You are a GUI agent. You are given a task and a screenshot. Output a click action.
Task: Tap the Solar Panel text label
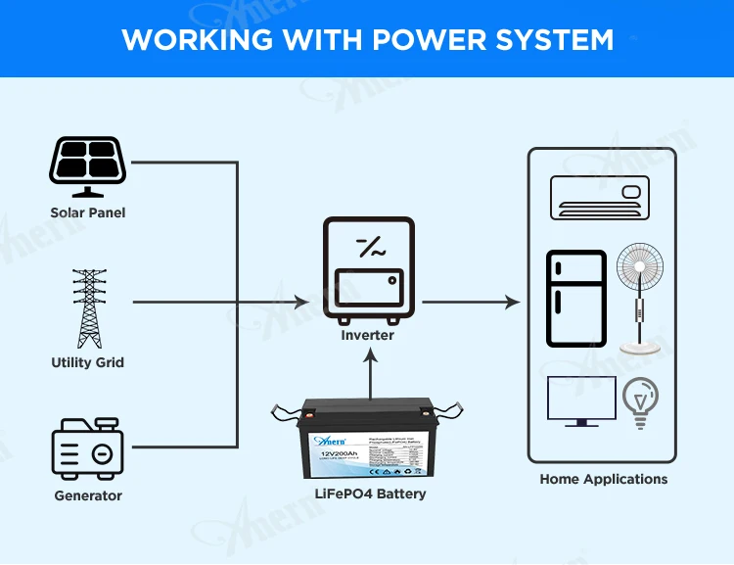tap(88, 212)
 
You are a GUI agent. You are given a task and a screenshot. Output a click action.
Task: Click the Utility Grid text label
tap(88, 362)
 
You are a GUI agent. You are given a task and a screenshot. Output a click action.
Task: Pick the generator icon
tap(87, 449)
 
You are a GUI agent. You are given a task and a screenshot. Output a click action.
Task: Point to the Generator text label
tap(88, 495)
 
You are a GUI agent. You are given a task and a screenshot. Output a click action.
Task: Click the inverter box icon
tap(368, 270)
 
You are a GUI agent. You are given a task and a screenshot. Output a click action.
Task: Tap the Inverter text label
tap(368, 335)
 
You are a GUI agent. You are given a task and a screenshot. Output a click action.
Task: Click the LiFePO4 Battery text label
tap(369, 494)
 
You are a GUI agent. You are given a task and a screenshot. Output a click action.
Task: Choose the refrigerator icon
tap(576, 299)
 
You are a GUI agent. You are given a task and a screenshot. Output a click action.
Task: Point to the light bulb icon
tap(640, 402)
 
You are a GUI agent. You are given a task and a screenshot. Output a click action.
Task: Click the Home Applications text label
tap(603, 479)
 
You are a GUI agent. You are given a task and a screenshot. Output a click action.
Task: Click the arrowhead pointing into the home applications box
tap(513, 303)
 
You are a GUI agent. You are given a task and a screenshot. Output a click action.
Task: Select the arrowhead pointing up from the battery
tap(370, 360)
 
